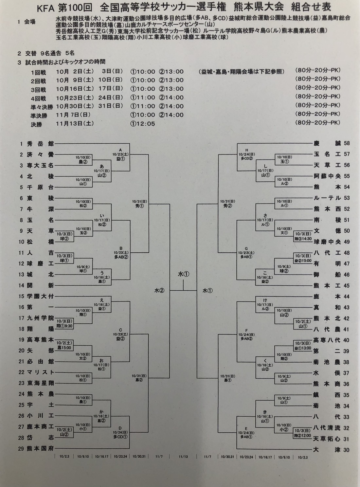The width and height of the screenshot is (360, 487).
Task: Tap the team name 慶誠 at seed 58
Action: [x=327, y=143]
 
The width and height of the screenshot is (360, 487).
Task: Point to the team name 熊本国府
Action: [x=40, y=448]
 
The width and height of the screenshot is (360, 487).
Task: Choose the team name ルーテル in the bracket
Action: [x=327, y=198]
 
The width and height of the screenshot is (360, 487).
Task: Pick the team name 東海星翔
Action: [x=40, y=383]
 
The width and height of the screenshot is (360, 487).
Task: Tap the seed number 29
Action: [x=21, y=448]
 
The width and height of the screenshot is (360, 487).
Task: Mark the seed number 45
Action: [x=346, y=285]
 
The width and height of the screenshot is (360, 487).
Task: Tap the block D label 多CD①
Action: [x=120, y=436]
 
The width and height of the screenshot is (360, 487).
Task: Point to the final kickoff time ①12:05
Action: [x=142, y=124]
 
